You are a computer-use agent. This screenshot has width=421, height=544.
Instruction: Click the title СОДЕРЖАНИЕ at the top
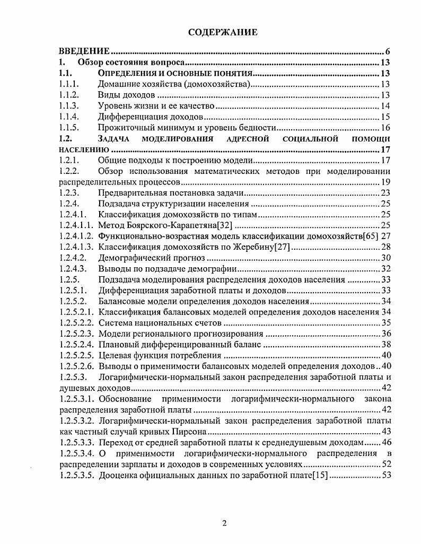(x=223, y=33)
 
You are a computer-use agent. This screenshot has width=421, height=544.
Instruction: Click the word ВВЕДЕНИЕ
(x=84, y=51)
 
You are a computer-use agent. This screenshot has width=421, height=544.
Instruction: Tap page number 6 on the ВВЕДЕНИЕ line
(x=388, y=51)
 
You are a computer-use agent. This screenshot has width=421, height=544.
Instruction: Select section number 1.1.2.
(x=69, y=95)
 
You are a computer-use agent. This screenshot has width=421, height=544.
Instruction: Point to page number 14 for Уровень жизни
(x=385, y=107)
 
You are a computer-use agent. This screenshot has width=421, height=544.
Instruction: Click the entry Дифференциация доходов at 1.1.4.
(x=151, y=117)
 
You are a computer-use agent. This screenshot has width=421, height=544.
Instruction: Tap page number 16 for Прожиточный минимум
(x=385, y=128)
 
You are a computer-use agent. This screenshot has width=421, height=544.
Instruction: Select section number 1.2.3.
(x=69, y=193)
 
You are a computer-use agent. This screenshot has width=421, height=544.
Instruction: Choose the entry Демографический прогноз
(x=151, y=258)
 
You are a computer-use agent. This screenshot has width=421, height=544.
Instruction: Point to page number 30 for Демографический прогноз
(x=385, y=258)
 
